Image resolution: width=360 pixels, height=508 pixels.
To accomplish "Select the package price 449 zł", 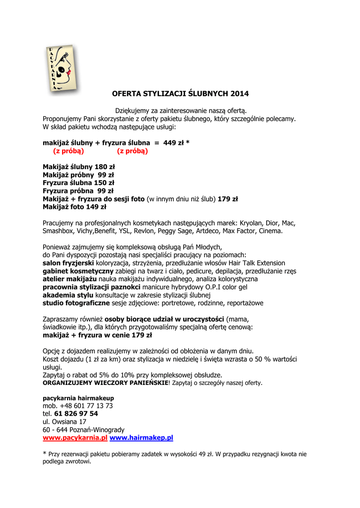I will (x=173, y=143).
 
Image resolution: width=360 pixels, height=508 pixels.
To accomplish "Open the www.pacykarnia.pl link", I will (x=75, y=438).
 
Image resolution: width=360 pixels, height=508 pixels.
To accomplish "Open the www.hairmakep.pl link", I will (x=141, y=438).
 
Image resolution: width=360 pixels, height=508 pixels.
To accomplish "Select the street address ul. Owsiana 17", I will (x=65, y=422).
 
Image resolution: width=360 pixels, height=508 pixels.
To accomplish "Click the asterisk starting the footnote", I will (x=45, y=453).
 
